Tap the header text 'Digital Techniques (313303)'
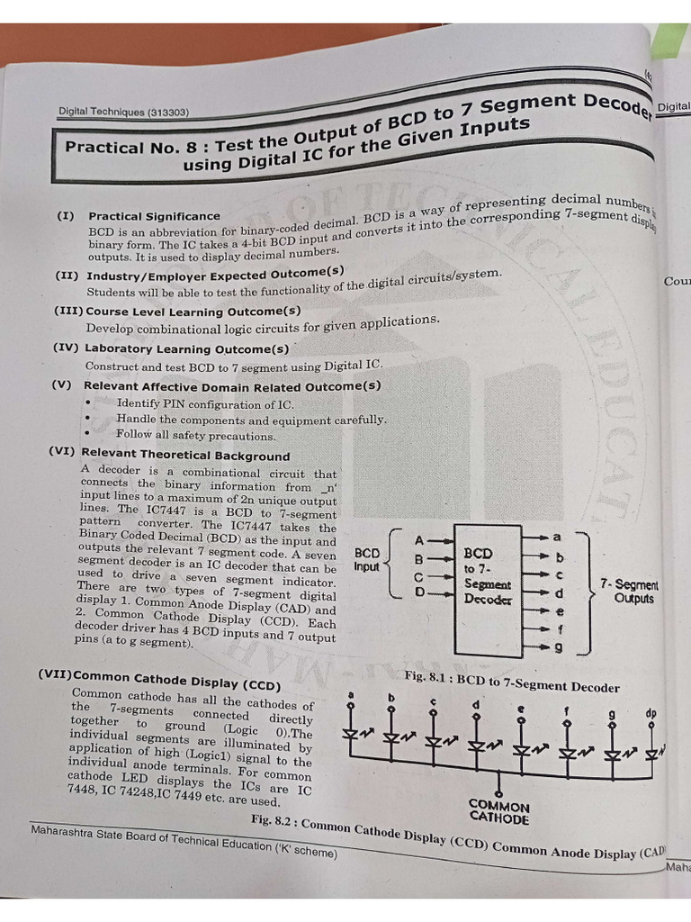click(123, 113)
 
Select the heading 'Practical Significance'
click(154, 216)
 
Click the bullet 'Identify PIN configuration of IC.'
click(204, 404)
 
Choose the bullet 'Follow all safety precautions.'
click(195, 436)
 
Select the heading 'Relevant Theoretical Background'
click(185, 456)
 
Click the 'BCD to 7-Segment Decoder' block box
click(488, 590)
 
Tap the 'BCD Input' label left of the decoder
click(367, 560)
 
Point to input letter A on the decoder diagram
click(418, 541)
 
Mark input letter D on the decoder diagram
click(418, 592)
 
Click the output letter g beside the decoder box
click(558, 646)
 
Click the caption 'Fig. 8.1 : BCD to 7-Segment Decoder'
click(512, 682)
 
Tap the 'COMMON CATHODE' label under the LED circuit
click(498, 812)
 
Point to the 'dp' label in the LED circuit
click(651, 713)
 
